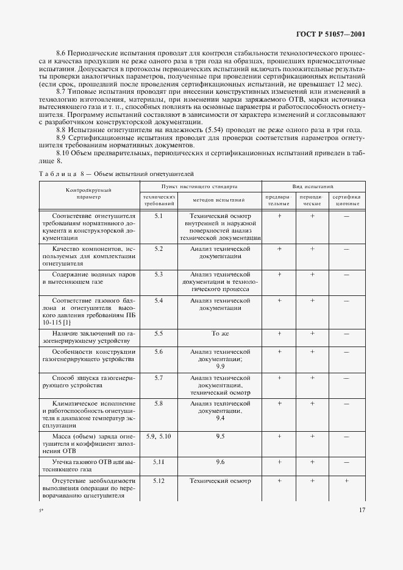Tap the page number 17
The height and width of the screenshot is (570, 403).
pyautogui.click(x=362, y=510)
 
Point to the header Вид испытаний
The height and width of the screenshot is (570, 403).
pyautogui.click(x=313, y=185)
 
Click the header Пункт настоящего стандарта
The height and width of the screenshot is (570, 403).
pyautogui.click(x=199, y=185)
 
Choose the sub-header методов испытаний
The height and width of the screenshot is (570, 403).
pyautogui.click(x=219, y=200)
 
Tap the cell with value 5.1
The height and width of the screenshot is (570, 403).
pyautogui.click(x=159, y=217)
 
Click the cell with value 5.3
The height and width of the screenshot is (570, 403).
pyautogui.click(x=159, y=275)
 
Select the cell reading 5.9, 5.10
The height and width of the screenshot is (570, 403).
pyautogui.click(x=159, y=437)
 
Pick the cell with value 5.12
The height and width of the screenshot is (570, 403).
pyautogui.click(x=159, y=481)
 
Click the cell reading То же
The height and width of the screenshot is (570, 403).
pyautogui.click(x=219, y=334)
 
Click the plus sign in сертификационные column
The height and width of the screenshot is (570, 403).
pyautogui.click(x=346, y=481)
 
